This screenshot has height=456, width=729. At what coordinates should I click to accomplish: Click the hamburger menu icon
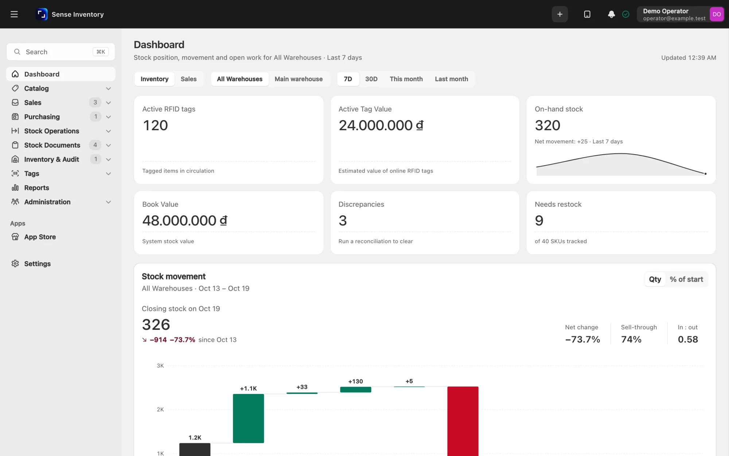(14, 14)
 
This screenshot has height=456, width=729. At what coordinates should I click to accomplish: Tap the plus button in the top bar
(560, 14)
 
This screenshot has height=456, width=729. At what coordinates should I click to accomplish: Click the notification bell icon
(611, 14)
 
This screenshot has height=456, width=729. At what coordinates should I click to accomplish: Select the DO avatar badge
(717, 14)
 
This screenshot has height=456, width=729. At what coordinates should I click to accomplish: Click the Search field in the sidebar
(61, 52)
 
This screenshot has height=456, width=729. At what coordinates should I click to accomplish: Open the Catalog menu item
(36, 88)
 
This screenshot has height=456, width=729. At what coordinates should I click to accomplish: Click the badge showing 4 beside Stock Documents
(95, 145)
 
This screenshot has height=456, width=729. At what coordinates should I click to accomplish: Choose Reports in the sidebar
(36, 188)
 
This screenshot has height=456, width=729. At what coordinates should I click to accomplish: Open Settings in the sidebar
(37, 263)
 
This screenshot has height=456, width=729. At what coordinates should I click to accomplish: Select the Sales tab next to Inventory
(188, 79)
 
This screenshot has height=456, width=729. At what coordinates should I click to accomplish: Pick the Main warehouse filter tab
(299, 79)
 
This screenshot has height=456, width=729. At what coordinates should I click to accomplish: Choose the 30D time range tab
(371, 79)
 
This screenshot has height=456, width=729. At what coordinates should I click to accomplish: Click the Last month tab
(451, 79)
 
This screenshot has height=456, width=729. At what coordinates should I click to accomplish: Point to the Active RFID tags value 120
(155, 125)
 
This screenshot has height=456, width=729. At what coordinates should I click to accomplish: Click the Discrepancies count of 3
(343, 221)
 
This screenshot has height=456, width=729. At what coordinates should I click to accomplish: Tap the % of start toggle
(686, 279)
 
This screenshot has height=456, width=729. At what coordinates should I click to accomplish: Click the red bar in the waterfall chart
(463, 421)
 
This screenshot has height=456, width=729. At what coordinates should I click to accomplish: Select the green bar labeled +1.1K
(248, 418)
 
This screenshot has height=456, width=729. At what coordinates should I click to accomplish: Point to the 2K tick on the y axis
(160, 409)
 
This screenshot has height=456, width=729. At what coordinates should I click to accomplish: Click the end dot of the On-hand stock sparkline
(705, 174)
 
